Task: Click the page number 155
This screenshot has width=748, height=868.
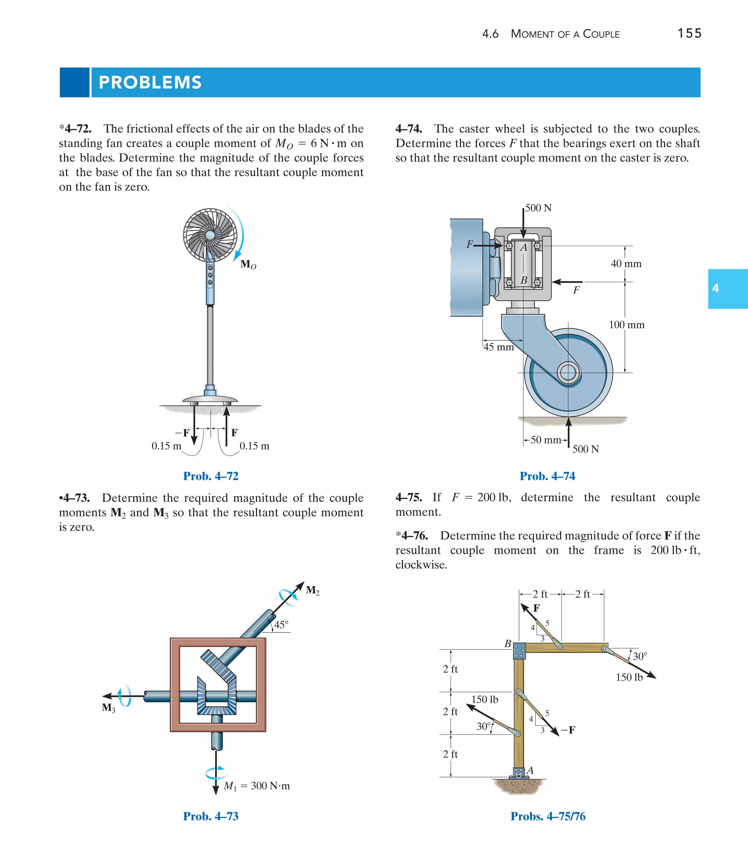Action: pos(689,33)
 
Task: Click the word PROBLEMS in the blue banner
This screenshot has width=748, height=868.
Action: pos(150,82)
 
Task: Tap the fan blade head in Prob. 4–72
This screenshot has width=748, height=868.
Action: pos(210,235)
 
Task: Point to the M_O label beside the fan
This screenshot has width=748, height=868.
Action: pos(248,264)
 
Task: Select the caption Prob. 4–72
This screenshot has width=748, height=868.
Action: pos(211,476)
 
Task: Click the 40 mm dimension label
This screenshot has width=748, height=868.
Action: pos(626,264)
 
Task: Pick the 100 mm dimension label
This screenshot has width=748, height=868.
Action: pos(626,325)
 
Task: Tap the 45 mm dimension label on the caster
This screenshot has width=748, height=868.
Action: pos(499,347)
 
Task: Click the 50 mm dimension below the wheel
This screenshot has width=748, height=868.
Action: pos(546,440)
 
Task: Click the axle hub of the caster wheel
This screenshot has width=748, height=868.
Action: pos(568,372)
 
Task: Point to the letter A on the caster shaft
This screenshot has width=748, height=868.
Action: pos(523,248)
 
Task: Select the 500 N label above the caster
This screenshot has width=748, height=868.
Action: pos(538,208)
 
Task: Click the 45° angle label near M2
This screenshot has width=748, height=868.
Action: pos(281,624)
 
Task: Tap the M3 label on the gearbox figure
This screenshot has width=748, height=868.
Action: pos(108,708)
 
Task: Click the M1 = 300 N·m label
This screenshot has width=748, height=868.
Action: pos(256,786)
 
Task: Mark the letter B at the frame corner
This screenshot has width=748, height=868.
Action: pos(507,643)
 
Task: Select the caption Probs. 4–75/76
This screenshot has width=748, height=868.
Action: pos(548,816)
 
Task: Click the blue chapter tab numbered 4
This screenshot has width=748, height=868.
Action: pos(728,288)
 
